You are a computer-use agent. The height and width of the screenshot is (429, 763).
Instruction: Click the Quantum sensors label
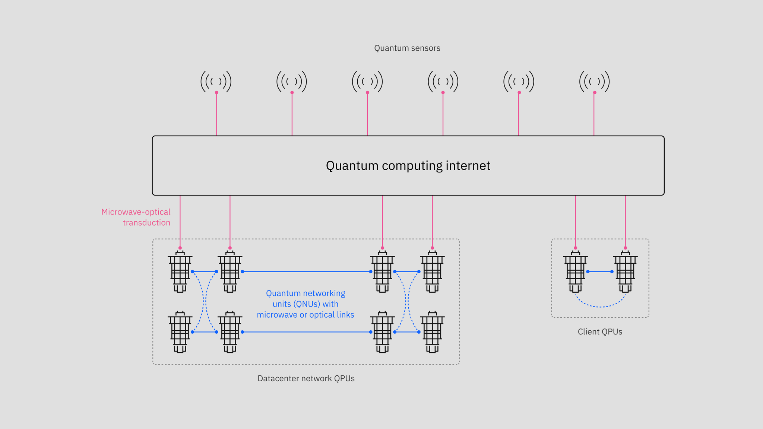(407, 48)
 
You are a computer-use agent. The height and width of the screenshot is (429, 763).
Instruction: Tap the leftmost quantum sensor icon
(216, 82)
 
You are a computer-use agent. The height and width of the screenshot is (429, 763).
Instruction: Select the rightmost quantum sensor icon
(594, 82)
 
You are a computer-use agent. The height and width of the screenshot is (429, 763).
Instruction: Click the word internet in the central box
(468, 165)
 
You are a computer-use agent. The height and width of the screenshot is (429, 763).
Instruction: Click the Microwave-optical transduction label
(136, 217)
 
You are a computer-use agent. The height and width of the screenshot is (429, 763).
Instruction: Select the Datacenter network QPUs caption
(306, 378)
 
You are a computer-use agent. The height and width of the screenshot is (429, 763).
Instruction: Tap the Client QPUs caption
(600, 332)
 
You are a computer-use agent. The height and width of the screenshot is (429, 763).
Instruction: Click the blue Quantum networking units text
(305, 304)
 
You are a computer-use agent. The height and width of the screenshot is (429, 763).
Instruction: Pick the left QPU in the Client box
(575, 272)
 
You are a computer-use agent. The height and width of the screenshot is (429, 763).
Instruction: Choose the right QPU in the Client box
(625, 272)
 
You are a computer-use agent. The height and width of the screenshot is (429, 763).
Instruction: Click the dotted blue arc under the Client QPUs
(600, 306)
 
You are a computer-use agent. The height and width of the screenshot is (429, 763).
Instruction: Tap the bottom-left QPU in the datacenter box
(180, 332)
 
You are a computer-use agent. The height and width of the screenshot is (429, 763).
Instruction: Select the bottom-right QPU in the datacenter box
(432, 332)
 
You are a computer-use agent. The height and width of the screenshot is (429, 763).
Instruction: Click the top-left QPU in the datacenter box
(180, 272)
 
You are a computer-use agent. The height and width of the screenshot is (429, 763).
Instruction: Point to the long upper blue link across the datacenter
(306, 271)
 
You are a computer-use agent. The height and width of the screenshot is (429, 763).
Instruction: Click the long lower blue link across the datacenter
(306, 332)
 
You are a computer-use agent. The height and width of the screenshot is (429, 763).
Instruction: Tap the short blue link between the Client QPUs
(600, 271)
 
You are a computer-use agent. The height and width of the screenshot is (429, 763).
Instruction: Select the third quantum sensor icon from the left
(367, 82)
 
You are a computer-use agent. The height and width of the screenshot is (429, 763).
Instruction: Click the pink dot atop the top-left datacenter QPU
(180, 248)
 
